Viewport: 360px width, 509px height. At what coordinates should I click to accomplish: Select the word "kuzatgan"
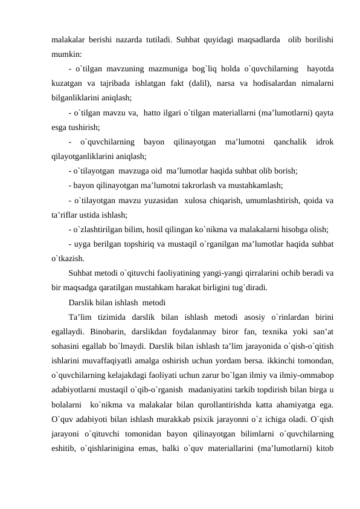pyautogui.click(x=66, y=82)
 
